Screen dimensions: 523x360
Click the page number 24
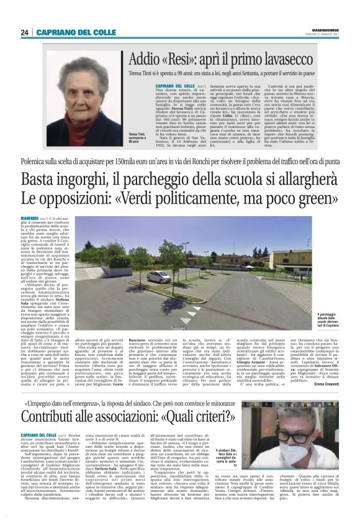pyautogui.click(x=24, y=32)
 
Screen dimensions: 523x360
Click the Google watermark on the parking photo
pyautogui.click(x=178, y=327)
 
